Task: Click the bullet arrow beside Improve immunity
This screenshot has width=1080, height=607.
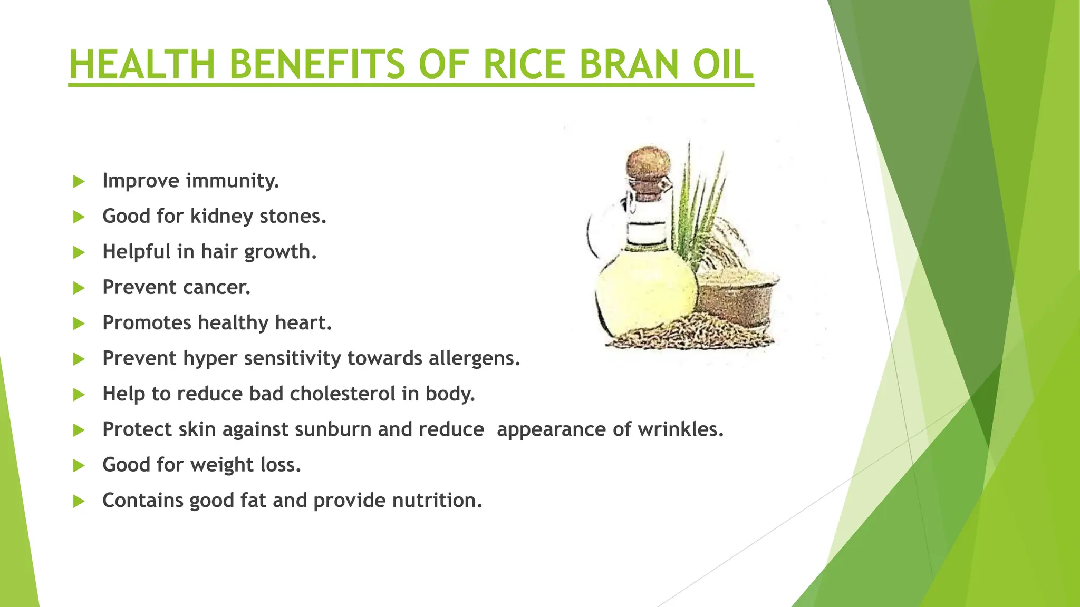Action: (x=79, y=182)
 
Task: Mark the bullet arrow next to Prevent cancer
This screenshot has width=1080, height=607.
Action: (x=79, y=288)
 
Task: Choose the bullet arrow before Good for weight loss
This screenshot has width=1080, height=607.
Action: (x=79, y=466)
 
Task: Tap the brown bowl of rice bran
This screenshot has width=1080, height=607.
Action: (x=738, y=298)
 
